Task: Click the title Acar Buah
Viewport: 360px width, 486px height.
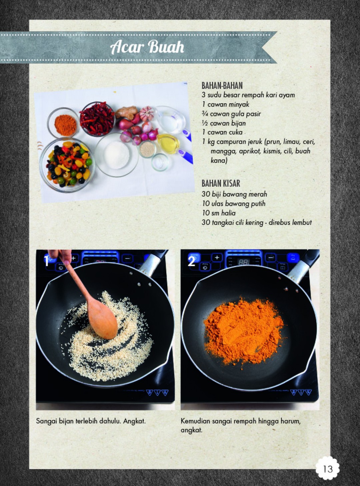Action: (x=147, y=47)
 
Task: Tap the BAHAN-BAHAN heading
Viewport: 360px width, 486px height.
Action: (x=222, y=86)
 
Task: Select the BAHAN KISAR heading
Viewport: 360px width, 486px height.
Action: (x=221, y=184)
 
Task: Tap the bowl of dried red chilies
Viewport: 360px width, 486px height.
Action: (x=97, y=119)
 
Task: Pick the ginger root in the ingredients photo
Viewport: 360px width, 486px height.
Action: (x=127, y=112)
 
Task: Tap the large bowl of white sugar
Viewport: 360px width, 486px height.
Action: (x=117, y=155)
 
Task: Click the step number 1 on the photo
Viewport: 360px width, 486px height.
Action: (x=46, y=261)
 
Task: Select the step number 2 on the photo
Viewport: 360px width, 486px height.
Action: (x=191, y=261)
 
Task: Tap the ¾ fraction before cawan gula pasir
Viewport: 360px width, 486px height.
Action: (x=205, y=114)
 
